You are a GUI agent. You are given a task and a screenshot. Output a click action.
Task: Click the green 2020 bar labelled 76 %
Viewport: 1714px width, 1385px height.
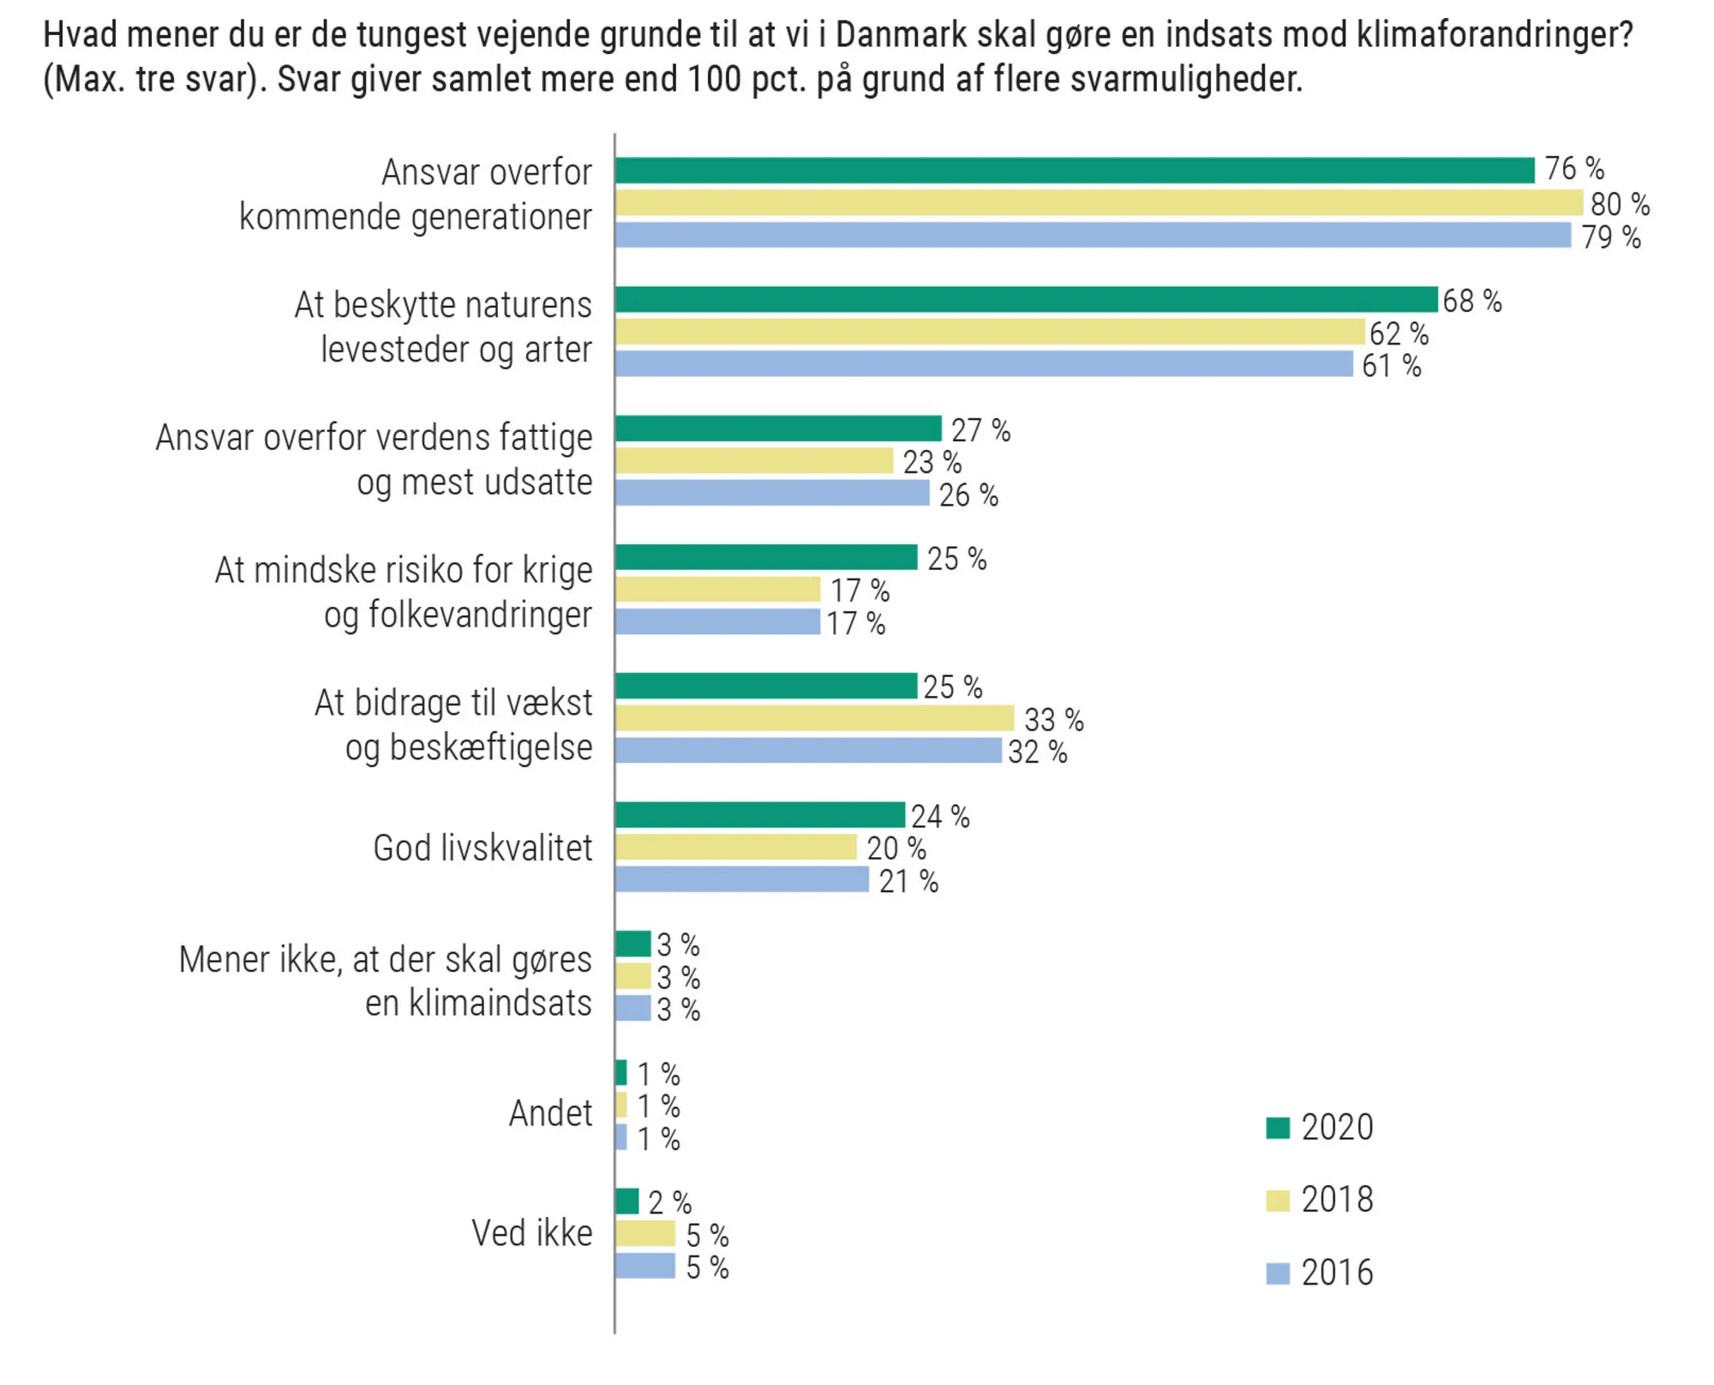(x=1074, y=171)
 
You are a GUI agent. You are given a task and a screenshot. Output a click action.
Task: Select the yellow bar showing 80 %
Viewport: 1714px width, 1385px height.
(x=1098, y=203)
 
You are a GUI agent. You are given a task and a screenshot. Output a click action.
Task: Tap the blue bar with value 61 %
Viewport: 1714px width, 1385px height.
(x=983, y=364)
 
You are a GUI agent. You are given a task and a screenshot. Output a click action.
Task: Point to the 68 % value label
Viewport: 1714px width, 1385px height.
(x=1471, y=301)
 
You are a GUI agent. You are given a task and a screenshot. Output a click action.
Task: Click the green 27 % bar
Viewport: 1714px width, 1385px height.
(x=778, y=429)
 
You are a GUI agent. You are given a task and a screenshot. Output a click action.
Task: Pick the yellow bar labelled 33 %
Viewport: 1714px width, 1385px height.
(x=814, y=718)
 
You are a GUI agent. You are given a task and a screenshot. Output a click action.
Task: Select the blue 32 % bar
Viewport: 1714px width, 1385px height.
(x=808, y=751)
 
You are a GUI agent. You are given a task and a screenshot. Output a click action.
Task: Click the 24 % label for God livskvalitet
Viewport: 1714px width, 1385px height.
(x=939, y=816)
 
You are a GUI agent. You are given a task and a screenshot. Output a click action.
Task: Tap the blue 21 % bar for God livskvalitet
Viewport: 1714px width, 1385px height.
(x=742, y=879)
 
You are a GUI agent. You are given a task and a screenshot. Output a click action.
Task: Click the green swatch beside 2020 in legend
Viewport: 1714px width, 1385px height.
(x=1277, y=1128)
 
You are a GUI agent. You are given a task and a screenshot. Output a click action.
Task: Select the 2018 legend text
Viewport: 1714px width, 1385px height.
(x=1337, y=1200)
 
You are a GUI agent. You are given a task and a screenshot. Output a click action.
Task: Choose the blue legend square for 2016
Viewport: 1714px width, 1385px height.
(x=1277, y=1274)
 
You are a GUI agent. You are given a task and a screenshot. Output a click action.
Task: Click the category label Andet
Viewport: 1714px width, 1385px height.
(x=550, y=1113)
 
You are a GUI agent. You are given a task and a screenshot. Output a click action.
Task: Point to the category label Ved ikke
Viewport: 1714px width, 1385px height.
(x=531, y=1233)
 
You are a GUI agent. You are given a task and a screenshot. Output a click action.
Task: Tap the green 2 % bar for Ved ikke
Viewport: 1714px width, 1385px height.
(x=627, y=1202)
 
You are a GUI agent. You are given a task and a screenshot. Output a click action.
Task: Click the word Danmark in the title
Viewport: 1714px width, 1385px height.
(x=889, y=35)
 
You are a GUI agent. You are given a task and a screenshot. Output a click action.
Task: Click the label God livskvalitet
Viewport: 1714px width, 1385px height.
(x=482, y=848)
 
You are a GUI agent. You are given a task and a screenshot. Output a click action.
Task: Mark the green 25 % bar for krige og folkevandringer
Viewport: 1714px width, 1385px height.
(x=766, y=557)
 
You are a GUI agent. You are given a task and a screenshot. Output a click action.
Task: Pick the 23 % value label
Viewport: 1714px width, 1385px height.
(x=932, y=462)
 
